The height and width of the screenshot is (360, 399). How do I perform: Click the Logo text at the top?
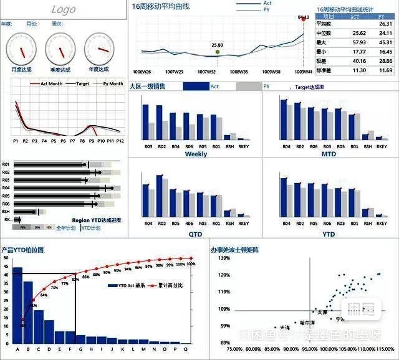(64, 9)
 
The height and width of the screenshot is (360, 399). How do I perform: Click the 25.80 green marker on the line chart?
(217, 52)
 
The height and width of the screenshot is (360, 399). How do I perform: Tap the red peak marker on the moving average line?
(304, 19)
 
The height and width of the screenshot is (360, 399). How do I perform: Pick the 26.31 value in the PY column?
(385, 24)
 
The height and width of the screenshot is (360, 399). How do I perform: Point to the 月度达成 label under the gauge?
(22, 69)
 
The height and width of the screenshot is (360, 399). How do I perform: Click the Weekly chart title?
(196, 154)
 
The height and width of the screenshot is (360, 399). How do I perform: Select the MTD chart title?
(329, 154)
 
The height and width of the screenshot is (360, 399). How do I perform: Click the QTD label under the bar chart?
(196, 234)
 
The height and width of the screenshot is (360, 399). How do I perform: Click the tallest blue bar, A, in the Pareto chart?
(17, 305)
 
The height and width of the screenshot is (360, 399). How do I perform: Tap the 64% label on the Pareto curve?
(44, 295)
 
